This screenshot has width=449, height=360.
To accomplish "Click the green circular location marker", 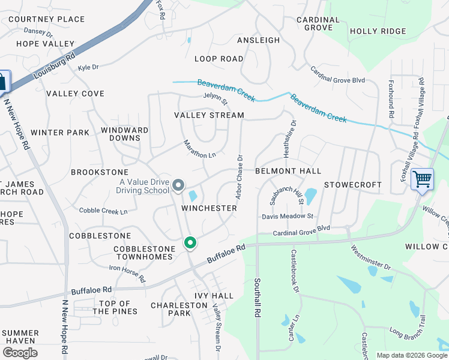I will [190, 242].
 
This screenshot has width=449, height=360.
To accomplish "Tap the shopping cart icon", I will [423, 179].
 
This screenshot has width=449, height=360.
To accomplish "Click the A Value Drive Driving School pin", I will [178, 186].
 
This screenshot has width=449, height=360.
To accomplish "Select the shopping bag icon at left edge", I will [3, 81].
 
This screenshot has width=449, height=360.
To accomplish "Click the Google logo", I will [20, 353].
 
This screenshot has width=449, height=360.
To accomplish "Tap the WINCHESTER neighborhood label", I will [209, 208].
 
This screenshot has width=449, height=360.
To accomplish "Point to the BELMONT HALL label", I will [288, 171].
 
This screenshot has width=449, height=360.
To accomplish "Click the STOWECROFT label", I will [353, 185].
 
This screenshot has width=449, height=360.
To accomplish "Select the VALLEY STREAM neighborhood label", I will [209, 115].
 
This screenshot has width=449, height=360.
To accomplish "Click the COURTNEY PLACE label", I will [46, 19].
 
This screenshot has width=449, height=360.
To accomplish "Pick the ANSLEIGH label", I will [258, 40].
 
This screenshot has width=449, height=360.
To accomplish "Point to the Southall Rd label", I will [257, 298].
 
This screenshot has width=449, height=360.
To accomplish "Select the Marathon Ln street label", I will [199, 150].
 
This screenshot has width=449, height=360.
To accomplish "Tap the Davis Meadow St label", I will [288, 216].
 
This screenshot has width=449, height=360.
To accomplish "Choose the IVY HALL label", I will [214, 296].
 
